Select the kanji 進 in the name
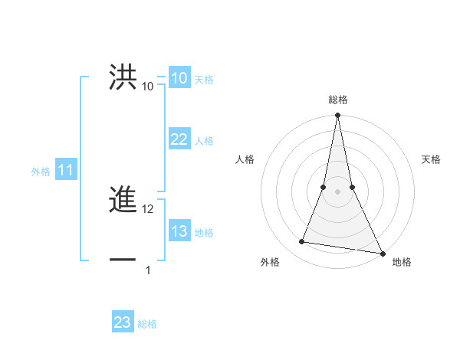123,201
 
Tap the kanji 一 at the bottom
123,260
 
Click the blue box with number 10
179,78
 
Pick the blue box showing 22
179,139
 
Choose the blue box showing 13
179,231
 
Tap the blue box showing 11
65,171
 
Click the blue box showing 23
123,322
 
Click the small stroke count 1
148,270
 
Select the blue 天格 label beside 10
204,80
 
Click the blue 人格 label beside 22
204,141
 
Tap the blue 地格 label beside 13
204,233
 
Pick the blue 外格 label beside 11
41,172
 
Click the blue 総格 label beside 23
147,324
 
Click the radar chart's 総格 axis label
337,100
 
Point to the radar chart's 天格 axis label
432,159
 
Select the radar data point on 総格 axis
337,116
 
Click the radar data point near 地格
382,253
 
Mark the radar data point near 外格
302,242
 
